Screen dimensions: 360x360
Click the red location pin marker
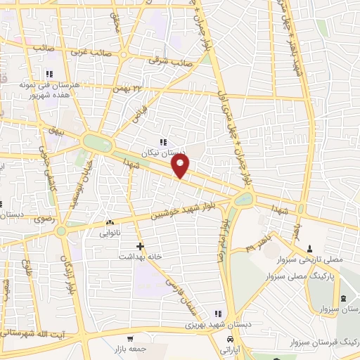pos(181,167)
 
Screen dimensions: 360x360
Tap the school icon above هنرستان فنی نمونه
pos(49,74)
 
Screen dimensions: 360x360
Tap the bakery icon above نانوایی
pos(109,222)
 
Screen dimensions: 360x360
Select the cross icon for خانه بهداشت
pos(141,246)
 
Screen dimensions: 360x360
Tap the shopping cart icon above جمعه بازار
pos(129,338)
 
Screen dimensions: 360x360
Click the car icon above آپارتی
pos(229,338)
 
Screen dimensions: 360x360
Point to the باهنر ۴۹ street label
pos(257,245)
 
